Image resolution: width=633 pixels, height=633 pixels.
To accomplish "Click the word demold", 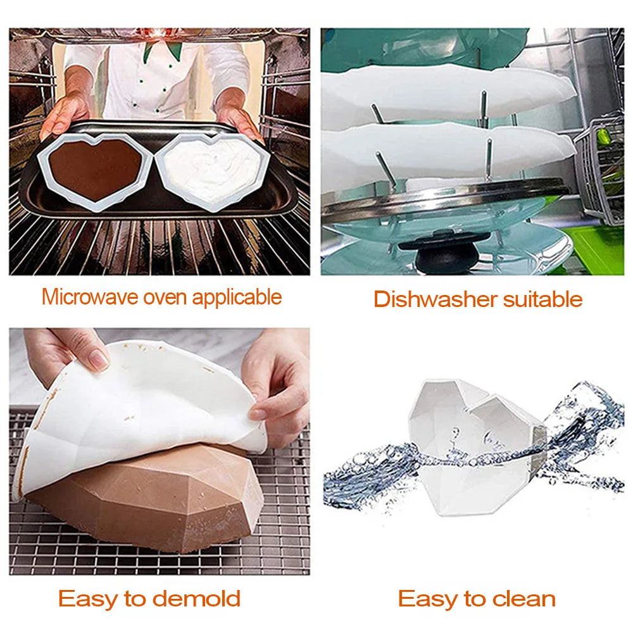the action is (x=197, y=598).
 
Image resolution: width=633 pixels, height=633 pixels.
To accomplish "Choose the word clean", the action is (x=524, y=598).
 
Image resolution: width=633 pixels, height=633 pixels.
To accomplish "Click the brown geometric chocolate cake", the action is (x=149, y=501).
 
